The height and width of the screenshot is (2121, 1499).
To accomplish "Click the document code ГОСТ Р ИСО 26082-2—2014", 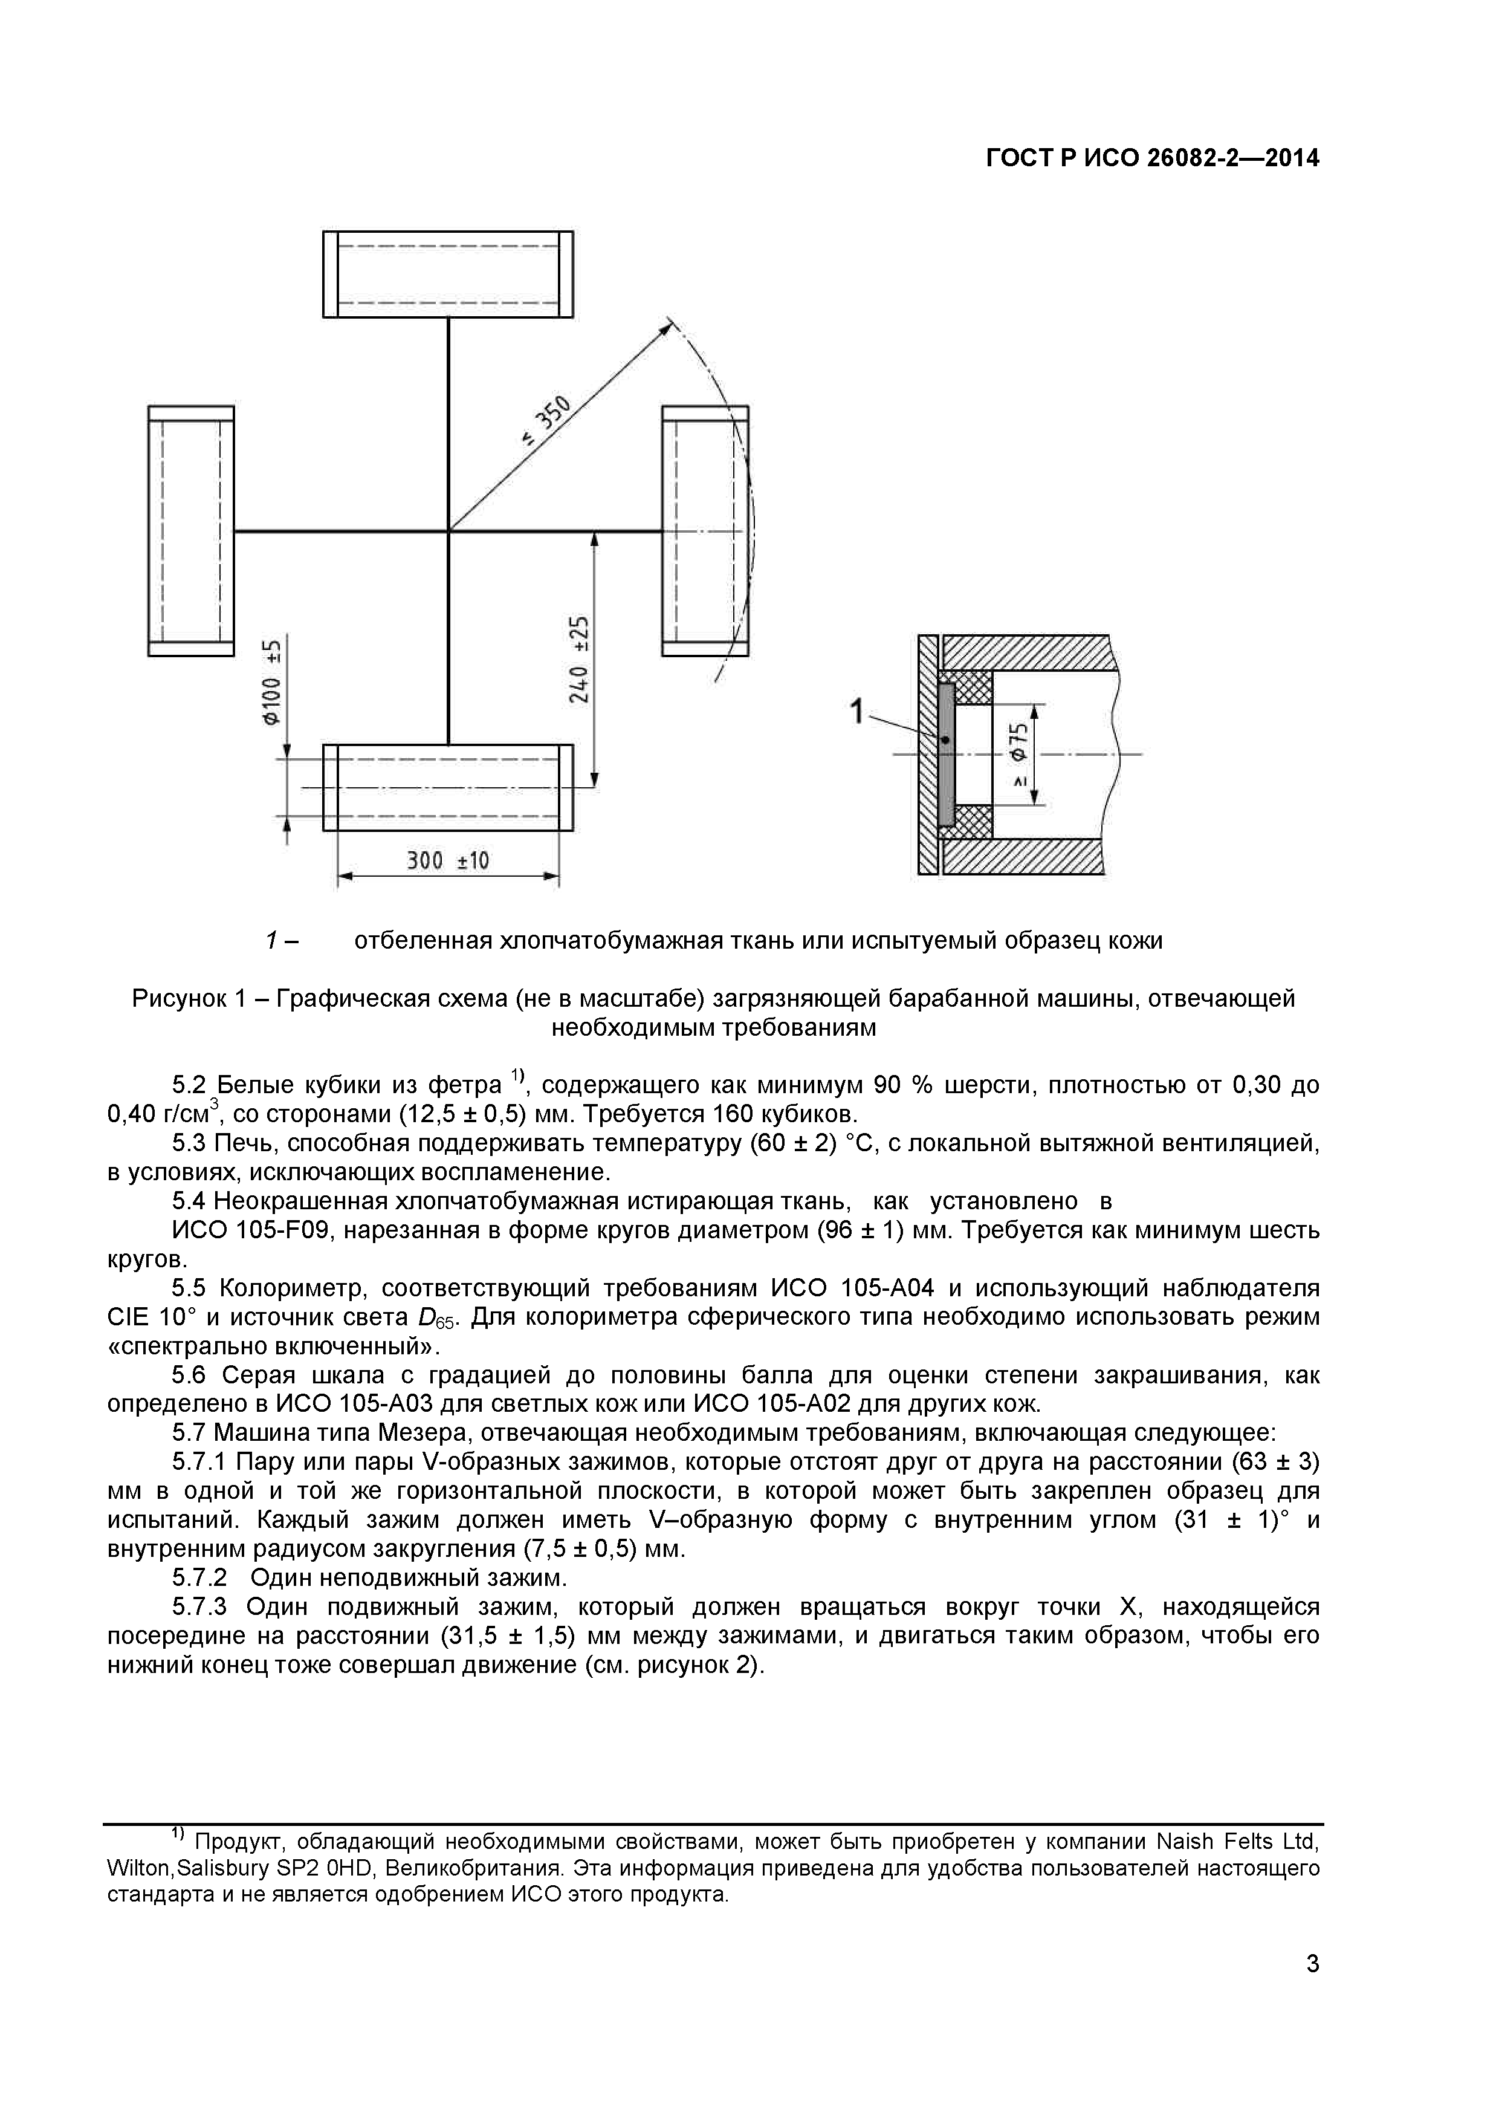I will tap(1151, 159).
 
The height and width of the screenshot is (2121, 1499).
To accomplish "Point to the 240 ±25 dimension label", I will tap(579, 658).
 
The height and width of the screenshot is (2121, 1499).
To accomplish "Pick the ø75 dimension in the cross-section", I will tap(1018, 753).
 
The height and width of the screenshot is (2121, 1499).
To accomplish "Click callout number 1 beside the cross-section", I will tap(857, 711).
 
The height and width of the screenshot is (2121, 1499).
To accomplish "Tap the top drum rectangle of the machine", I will tap(448, 273).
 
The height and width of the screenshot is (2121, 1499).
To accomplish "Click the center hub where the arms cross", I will tap(449, 531).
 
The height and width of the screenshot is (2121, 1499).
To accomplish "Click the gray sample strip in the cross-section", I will tap(946, 753).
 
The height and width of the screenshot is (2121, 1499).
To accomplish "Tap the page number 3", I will tap(1312, 1989).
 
